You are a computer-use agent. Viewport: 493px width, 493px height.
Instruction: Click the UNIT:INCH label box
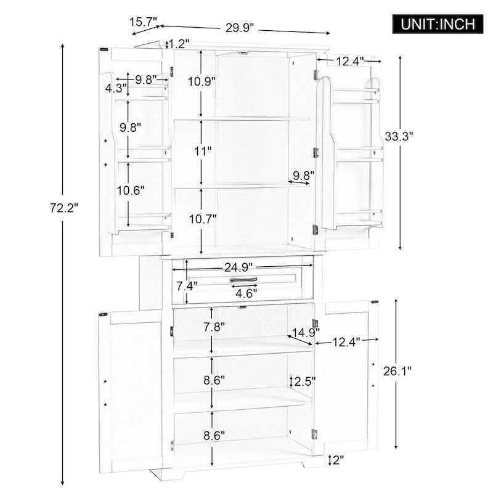pyautogui.click(x=438, y=24)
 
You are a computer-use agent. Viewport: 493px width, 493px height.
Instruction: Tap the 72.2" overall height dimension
pyautogui.click(x=65, y=208)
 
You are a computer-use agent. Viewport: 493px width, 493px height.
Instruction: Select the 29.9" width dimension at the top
pyautogui.click(x=240, y=28)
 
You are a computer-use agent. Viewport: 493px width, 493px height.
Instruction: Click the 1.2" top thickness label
pyautogui.click(x=178, y=44)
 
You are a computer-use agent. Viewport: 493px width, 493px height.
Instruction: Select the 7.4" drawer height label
pyautogui.click(x=186, y=286)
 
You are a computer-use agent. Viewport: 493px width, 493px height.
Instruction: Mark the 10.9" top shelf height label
pyautogui.click(x=202, y=81)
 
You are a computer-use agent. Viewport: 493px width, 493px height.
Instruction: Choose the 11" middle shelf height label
pyautogui.click(x=202, y=150)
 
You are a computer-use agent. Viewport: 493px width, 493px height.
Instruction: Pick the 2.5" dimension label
pyautogui.click(x=304, y=380)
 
